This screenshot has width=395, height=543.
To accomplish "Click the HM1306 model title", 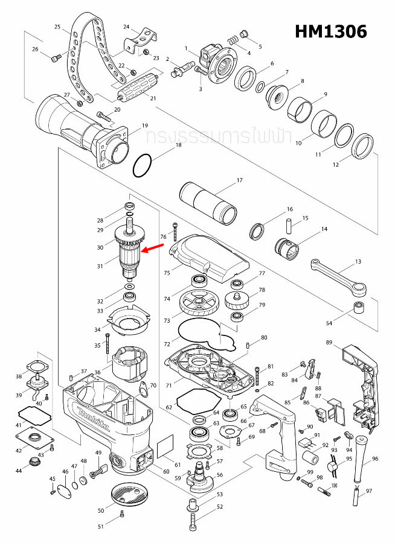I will (x=330, y=31).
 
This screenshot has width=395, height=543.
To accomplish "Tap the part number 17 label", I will (x=239, y=180).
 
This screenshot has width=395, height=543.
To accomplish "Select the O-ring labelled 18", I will (x=143, y=165).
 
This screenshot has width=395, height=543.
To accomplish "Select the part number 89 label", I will (x=329, y=343).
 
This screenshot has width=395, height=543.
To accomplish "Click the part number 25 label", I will (x=58, y=27).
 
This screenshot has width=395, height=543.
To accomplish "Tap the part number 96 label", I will (x=375, y=459).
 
